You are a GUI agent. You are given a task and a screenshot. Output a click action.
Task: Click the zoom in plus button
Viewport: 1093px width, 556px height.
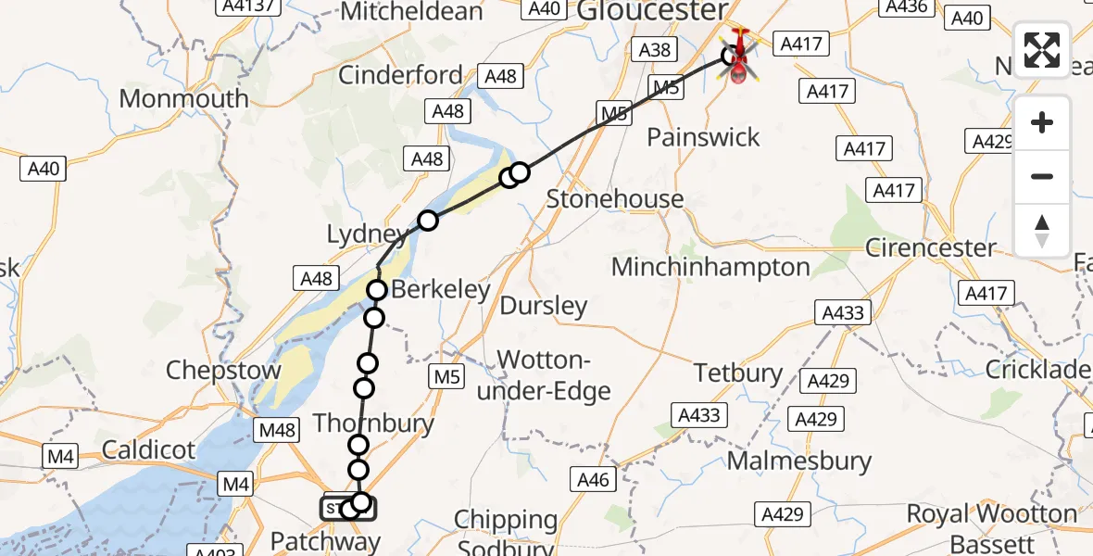(x=1042, y=123)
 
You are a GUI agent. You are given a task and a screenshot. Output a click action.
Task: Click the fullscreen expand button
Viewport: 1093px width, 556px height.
(x=1042, y=50)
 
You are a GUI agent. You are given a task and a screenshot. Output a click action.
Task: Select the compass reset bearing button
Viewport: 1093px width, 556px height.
(x=1042, y=230)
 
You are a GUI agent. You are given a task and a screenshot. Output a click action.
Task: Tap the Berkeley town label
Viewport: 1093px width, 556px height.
(x=440, y=290)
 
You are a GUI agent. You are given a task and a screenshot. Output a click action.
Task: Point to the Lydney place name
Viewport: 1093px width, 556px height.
(x=364, y=234)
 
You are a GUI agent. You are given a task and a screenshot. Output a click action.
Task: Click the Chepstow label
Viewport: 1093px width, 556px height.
(x=223, y=371)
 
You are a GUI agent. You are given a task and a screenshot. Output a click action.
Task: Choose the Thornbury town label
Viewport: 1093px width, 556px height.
(x=373, y=424)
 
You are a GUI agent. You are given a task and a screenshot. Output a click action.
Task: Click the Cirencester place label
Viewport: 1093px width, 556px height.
(x=930, y=248)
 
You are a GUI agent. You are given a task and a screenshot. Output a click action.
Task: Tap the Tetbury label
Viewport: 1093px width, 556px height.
(x=739, y=373)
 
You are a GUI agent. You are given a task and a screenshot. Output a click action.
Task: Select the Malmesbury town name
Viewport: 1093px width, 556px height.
(x=799, y=461)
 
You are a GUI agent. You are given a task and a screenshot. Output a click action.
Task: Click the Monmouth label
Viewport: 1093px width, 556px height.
(x=183, y=99)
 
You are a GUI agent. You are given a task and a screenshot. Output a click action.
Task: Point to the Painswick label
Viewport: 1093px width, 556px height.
(x=703, y=138)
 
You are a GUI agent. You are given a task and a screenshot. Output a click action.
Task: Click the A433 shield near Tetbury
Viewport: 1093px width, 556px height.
(x=698, y=414)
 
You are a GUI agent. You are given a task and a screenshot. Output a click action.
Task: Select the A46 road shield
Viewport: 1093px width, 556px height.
(x=593, y=479)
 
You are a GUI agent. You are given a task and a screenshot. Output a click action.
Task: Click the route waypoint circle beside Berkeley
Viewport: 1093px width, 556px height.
(x=377, y=291)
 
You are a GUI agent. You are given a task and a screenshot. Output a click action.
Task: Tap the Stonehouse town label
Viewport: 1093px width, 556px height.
(x=614, y=199)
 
